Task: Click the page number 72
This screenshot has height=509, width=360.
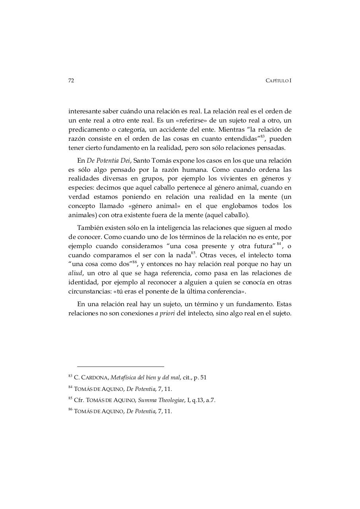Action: pyautogui.click(x=71, y=81)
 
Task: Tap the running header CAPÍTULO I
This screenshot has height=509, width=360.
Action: pyautogui.click(x=278, y=81)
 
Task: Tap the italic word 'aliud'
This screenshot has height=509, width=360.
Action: pyautogui.click(x=75, y=273)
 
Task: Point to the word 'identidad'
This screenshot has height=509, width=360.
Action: pyautogui.click(x=82, y=282)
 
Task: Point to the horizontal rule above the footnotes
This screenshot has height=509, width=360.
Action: pyautogui.click(x=121, y=366)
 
